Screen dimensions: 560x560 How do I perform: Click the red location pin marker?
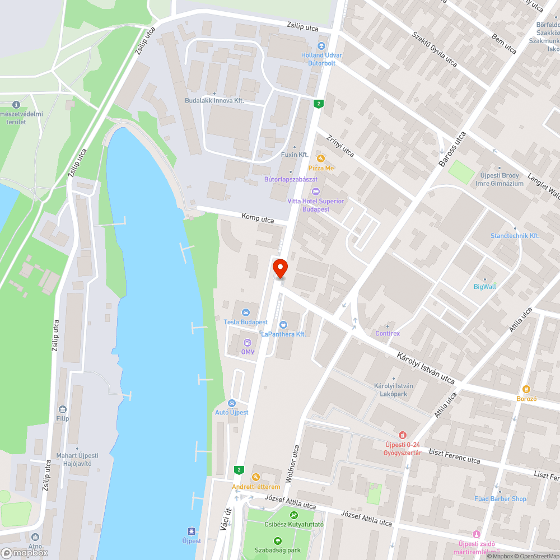[x=279, y=268]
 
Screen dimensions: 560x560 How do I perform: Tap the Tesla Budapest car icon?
[x=245, y=312]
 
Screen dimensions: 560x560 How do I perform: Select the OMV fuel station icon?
[x=248, y=342]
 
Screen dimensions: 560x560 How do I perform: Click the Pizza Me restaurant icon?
[x=321, y=158]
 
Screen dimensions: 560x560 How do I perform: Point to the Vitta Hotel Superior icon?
[x=316, y=192]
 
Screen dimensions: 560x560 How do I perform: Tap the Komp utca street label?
[x=258, y=218]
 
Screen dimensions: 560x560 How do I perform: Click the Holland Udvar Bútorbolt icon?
[x=321, y=46]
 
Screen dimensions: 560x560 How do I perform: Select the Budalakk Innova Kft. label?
[x=215, y=100]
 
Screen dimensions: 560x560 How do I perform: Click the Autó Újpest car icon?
[x=232, y=403]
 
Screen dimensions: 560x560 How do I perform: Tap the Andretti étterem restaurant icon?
[x=256, y=477]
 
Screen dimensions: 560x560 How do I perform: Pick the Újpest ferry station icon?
[x=192, y=531]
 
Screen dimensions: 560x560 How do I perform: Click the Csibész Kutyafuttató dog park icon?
[x=293, y=515]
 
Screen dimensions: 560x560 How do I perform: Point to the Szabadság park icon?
[x=278, y=540]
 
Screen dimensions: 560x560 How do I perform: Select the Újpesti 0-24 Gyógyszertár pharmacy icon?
[x=402, y=435]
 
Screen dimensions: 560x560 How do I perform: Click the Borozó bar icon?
[x=526, y=389]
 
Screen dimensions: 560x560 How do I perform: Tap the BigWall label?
[x=484, y=286]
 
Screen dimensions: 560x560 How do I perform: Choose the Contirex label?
[x=388, y=333]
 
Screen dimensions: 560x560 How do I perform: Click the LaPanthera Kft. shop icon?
[x=283, y=324]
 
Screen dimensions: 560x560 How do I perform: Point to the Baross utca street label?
[x=452, y=151]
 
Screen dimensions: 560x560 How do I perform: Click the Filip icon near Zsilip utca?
[x=62, y=409]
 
